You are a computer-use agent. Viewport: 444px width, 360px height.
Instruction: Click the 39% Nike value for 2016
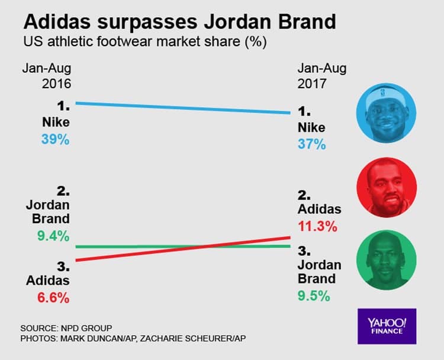click(55, 140)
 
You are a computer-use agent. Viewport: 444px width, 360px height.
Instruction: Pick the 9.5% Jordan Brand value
click(313, 295)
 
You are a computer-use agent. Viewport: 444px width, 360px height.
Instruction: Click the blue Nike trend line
click(184, 108)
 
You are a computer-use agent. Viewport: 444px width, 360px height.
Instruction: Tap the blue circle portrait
click(386, 113)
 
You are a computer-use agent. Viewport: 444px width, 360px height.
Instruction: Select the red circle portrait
click(386, 187)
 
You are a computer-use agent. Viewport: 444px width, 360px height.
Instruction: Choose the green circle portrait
click(386, 261)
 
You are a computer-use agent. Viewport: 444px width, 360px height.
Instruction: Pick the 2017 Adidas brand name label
click(320, 209)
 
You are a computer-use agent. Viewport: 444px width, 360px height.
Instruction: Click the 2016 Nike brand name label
click(56, 123)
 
